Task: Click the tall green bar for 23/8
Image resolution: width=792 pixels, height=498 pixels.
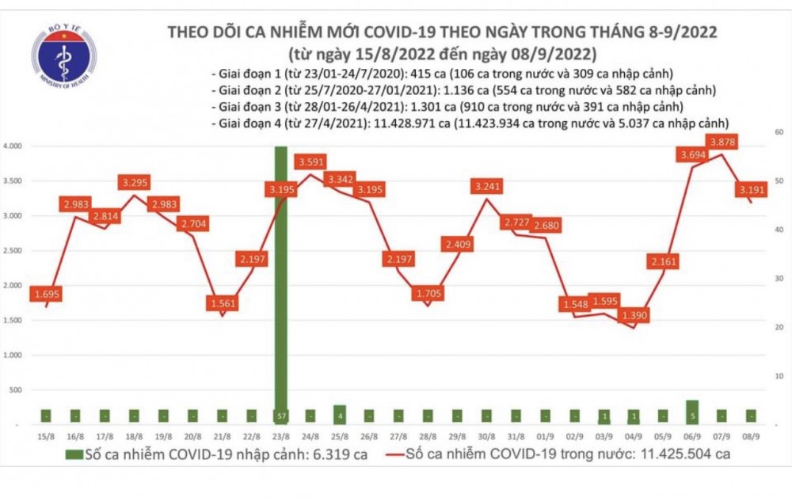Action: pyautogui.click(x=280, y=285)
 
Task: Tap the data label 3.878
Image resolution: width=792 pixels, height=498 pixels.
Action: pyautogui.click(x=722, y=142)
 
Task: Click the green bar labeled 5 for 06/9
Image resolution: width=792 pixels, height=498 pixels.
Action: pyautogui.click(x=692, y=412)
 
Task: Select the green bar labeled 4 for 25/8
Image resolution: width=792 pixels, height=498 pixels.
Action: pyautogui.click(x=339, y=415)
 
